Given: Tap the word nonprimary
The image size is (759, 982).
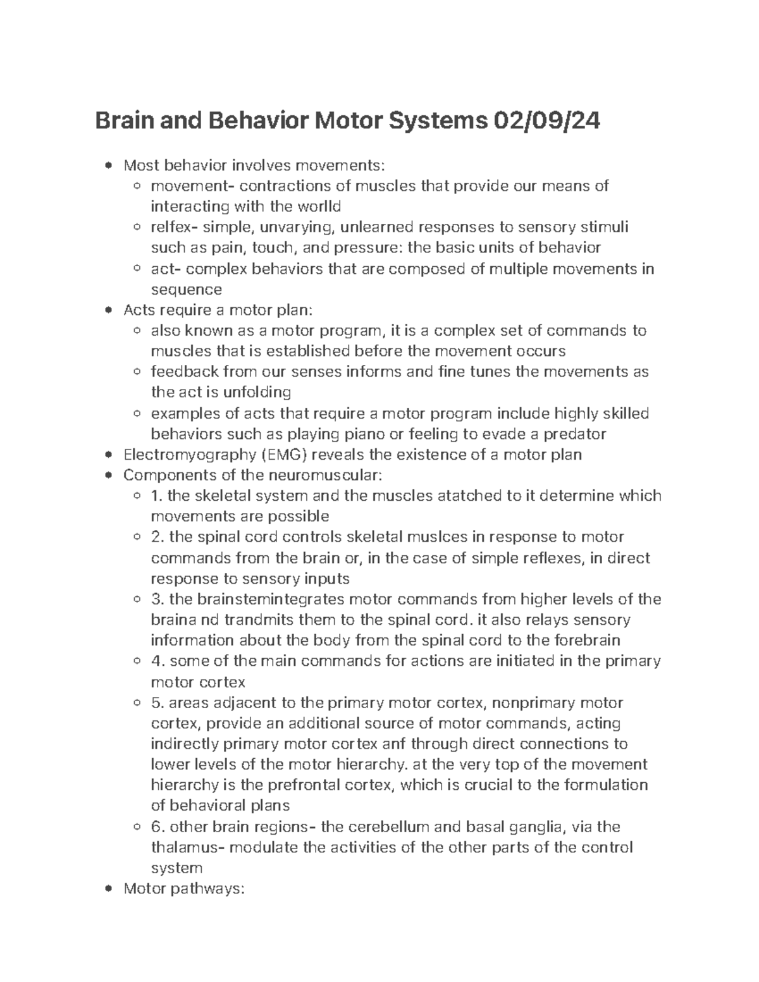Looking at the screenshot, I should [534, 703].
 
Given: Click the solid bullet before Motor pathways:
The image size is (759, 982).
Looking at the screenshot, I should [110, 889].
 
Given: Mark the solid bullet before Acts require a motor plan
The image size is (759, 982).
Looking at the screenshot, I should [110, 310].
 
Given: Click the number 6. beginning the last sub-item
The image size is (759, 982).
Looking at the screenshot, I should [158, 827].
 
